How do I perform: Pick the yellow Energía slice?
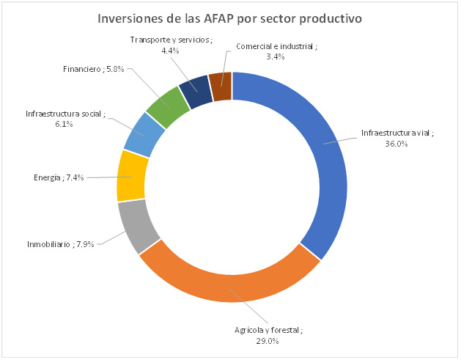(133, 176)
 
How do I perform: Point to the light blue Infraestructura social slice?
(144, 135)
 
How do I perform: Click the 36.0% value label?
(397, 144)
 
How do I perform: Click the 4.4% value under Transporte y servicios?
(170, 51)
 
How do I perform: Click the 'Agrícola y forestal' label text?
(265, 331)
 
